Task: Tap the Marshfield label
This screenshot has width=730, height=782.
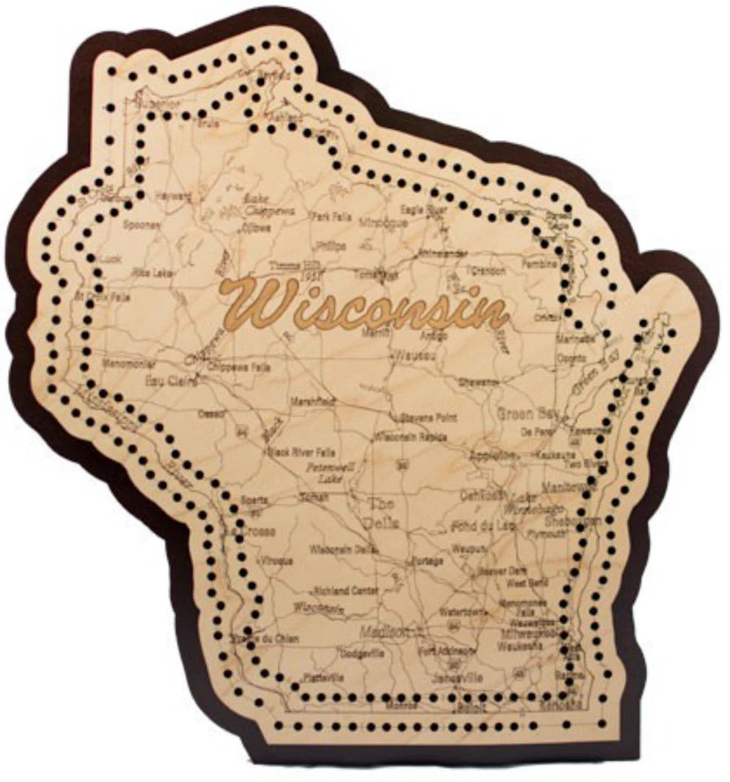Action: (x=314, y=402)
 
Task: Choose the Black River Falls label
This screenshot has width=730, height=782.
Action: (x=304, y=452)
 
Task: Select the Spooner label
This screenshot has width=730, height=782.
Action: (x=142, y=226)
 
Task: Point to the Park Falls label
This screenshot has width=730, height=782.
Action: (x=331, y=217)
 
